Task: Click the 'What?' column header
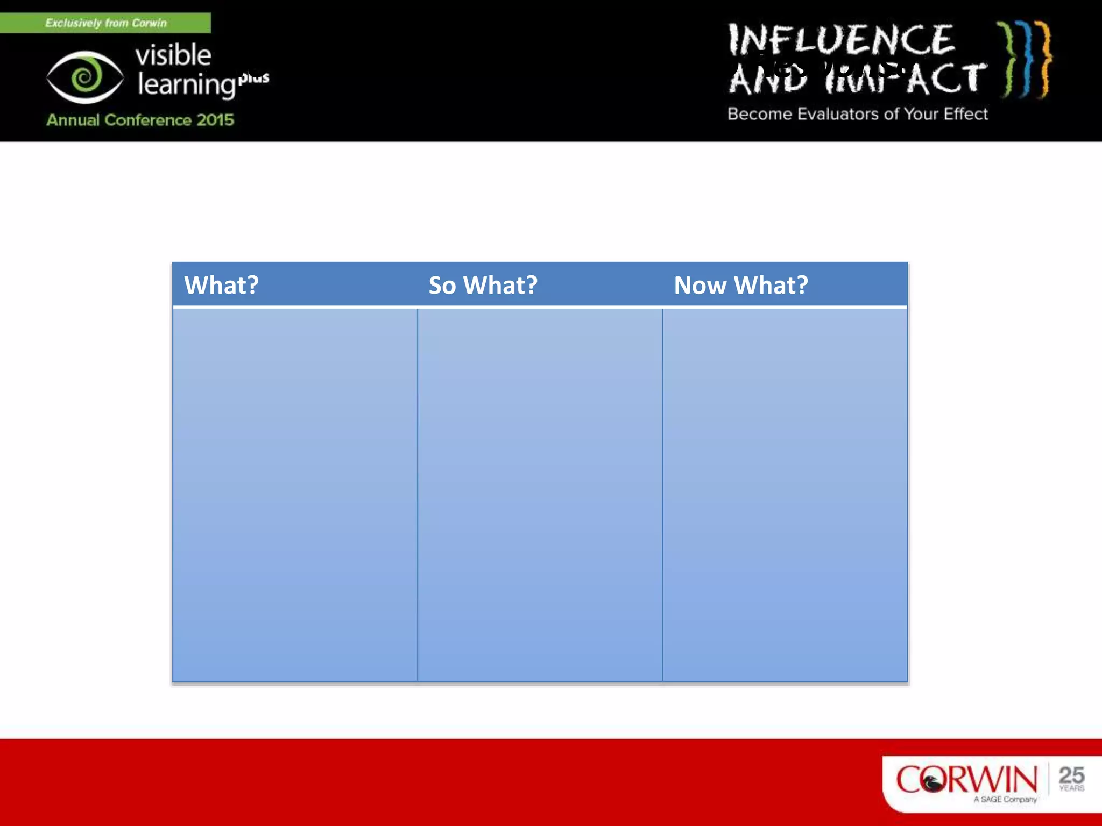pyautogui.click(x=221, y=285)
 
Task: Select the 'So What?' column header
pyautogui.click(x=483, y=285)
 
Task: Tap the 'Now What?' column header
pyautogui.click(x=740, y=285)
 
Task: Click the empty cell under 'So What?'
pyautogui.click(x=540, y=495)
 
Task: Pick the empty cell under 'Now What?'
pyautogui.click(x=785, y=495)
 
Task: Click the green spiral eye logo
pyautogui.click(x=84, y=77)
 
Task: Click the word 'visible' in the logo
pyautogui.click(x=173, y=55)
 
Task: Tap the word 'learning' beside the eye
pyautogui.click(x=186, y=85)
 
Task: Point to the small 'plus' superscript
pyautogui.click(x=254, y=78)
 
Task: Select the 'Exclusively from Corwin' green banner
pyautogui.click(x=105, y=23)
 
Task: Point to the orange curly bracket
pyautogui.click(x=1044, y=59)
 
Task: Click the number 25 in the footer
pyautogui.click(x=1071, y=775)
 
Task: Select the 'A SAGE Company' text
pyautogui.click(x=1005, y=800)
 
